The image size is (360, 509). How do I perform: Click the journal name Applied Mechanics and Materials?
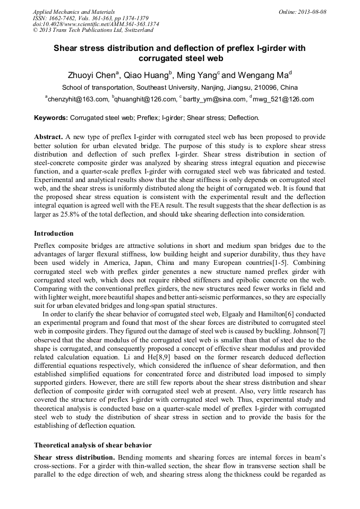pos(73,12)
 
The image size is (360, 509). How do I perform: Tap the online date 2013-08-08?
pos(311,12)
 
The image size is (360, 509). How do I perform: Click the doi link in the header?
pos(96,24)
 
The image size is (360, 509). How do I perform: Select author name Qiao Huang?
pos(146,75)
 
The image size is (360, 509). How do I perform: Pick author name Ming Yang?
pos(198,75)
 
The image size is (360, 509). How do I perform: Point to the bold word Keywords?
pos(51,118)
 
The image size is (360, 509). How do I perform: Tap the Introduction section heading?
pos(54,234)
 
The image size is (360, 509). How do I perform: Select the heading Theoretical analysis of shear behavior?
pos(93,445)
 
